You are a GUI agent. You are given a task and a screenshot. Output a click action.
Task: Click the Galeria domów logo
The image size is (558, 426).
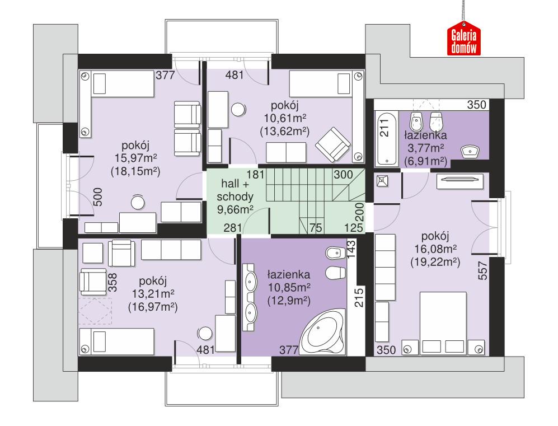click(463, 41)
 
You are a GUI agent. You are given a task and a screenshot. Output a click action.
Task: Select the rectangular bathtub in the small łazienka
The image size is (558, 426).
click(385, 138)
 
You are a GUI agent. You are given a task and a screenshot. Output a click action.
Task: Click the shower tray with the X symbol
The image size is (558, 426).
click(383, 180)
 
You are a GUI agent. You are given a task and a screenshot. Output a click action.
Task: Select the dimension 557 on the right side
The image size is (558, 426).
click(483, 270)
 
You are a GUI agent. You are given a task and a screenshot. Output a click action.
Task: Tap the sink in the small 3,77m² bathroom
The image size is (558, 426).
click(470, 151)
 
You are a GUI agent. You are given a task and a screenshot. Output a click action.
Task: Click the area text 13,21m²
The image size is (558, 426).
click(152, 294)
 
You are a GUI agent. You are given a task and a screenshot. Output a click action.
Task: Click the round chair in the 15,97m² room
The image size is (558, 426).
click(138, 201)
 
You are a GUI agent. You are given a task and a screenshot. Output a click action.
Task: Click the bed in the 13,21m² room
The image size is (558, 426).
click(116, 340)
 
